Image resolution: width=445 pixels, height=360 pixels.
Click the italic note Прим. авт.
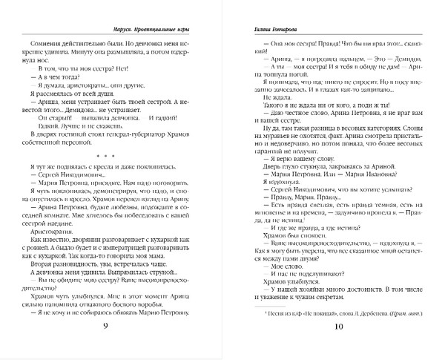(x=403, y=319)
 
